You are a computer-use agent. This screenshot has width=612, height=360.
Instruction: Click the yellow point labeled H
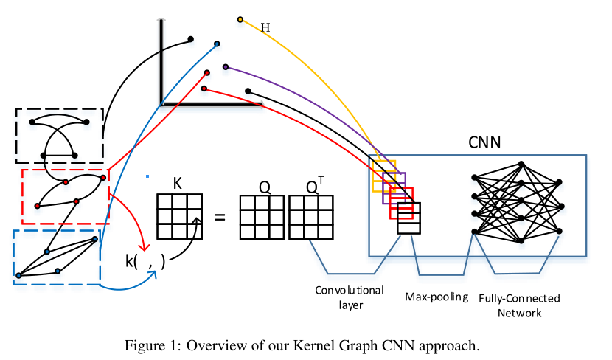point(240,19)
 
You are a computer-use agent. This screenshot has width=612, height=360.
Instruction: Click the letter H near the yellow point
point(265,28)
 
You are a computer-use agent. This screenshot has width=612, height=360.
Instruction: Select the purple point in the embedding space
point(225,66)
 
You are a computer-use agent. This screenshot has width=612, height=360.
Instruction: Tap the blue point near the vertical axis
point(216,44)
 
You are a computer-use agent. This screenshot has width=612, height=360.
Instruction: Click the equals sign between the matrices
point(219,218)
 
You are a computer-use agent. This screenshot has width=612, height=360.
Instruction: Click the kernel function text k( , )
point(145,260)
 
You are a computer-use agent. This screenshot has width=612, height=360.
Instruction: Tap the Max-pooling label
point(437,297)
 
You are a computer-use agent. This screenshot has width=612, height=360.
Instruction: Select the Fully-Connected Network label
point(519,305)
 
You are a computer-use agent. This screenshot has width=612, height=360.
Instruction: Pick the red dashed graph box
point(65,196)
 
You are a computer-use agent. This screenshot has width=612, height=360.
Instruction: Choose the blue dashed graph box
point(56,257)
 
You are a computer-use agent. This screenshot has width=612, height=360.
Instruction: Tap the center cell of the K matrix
point(179,217)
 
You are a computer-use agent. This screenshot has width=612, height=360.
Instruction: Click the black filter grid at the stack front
point(408,218)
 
